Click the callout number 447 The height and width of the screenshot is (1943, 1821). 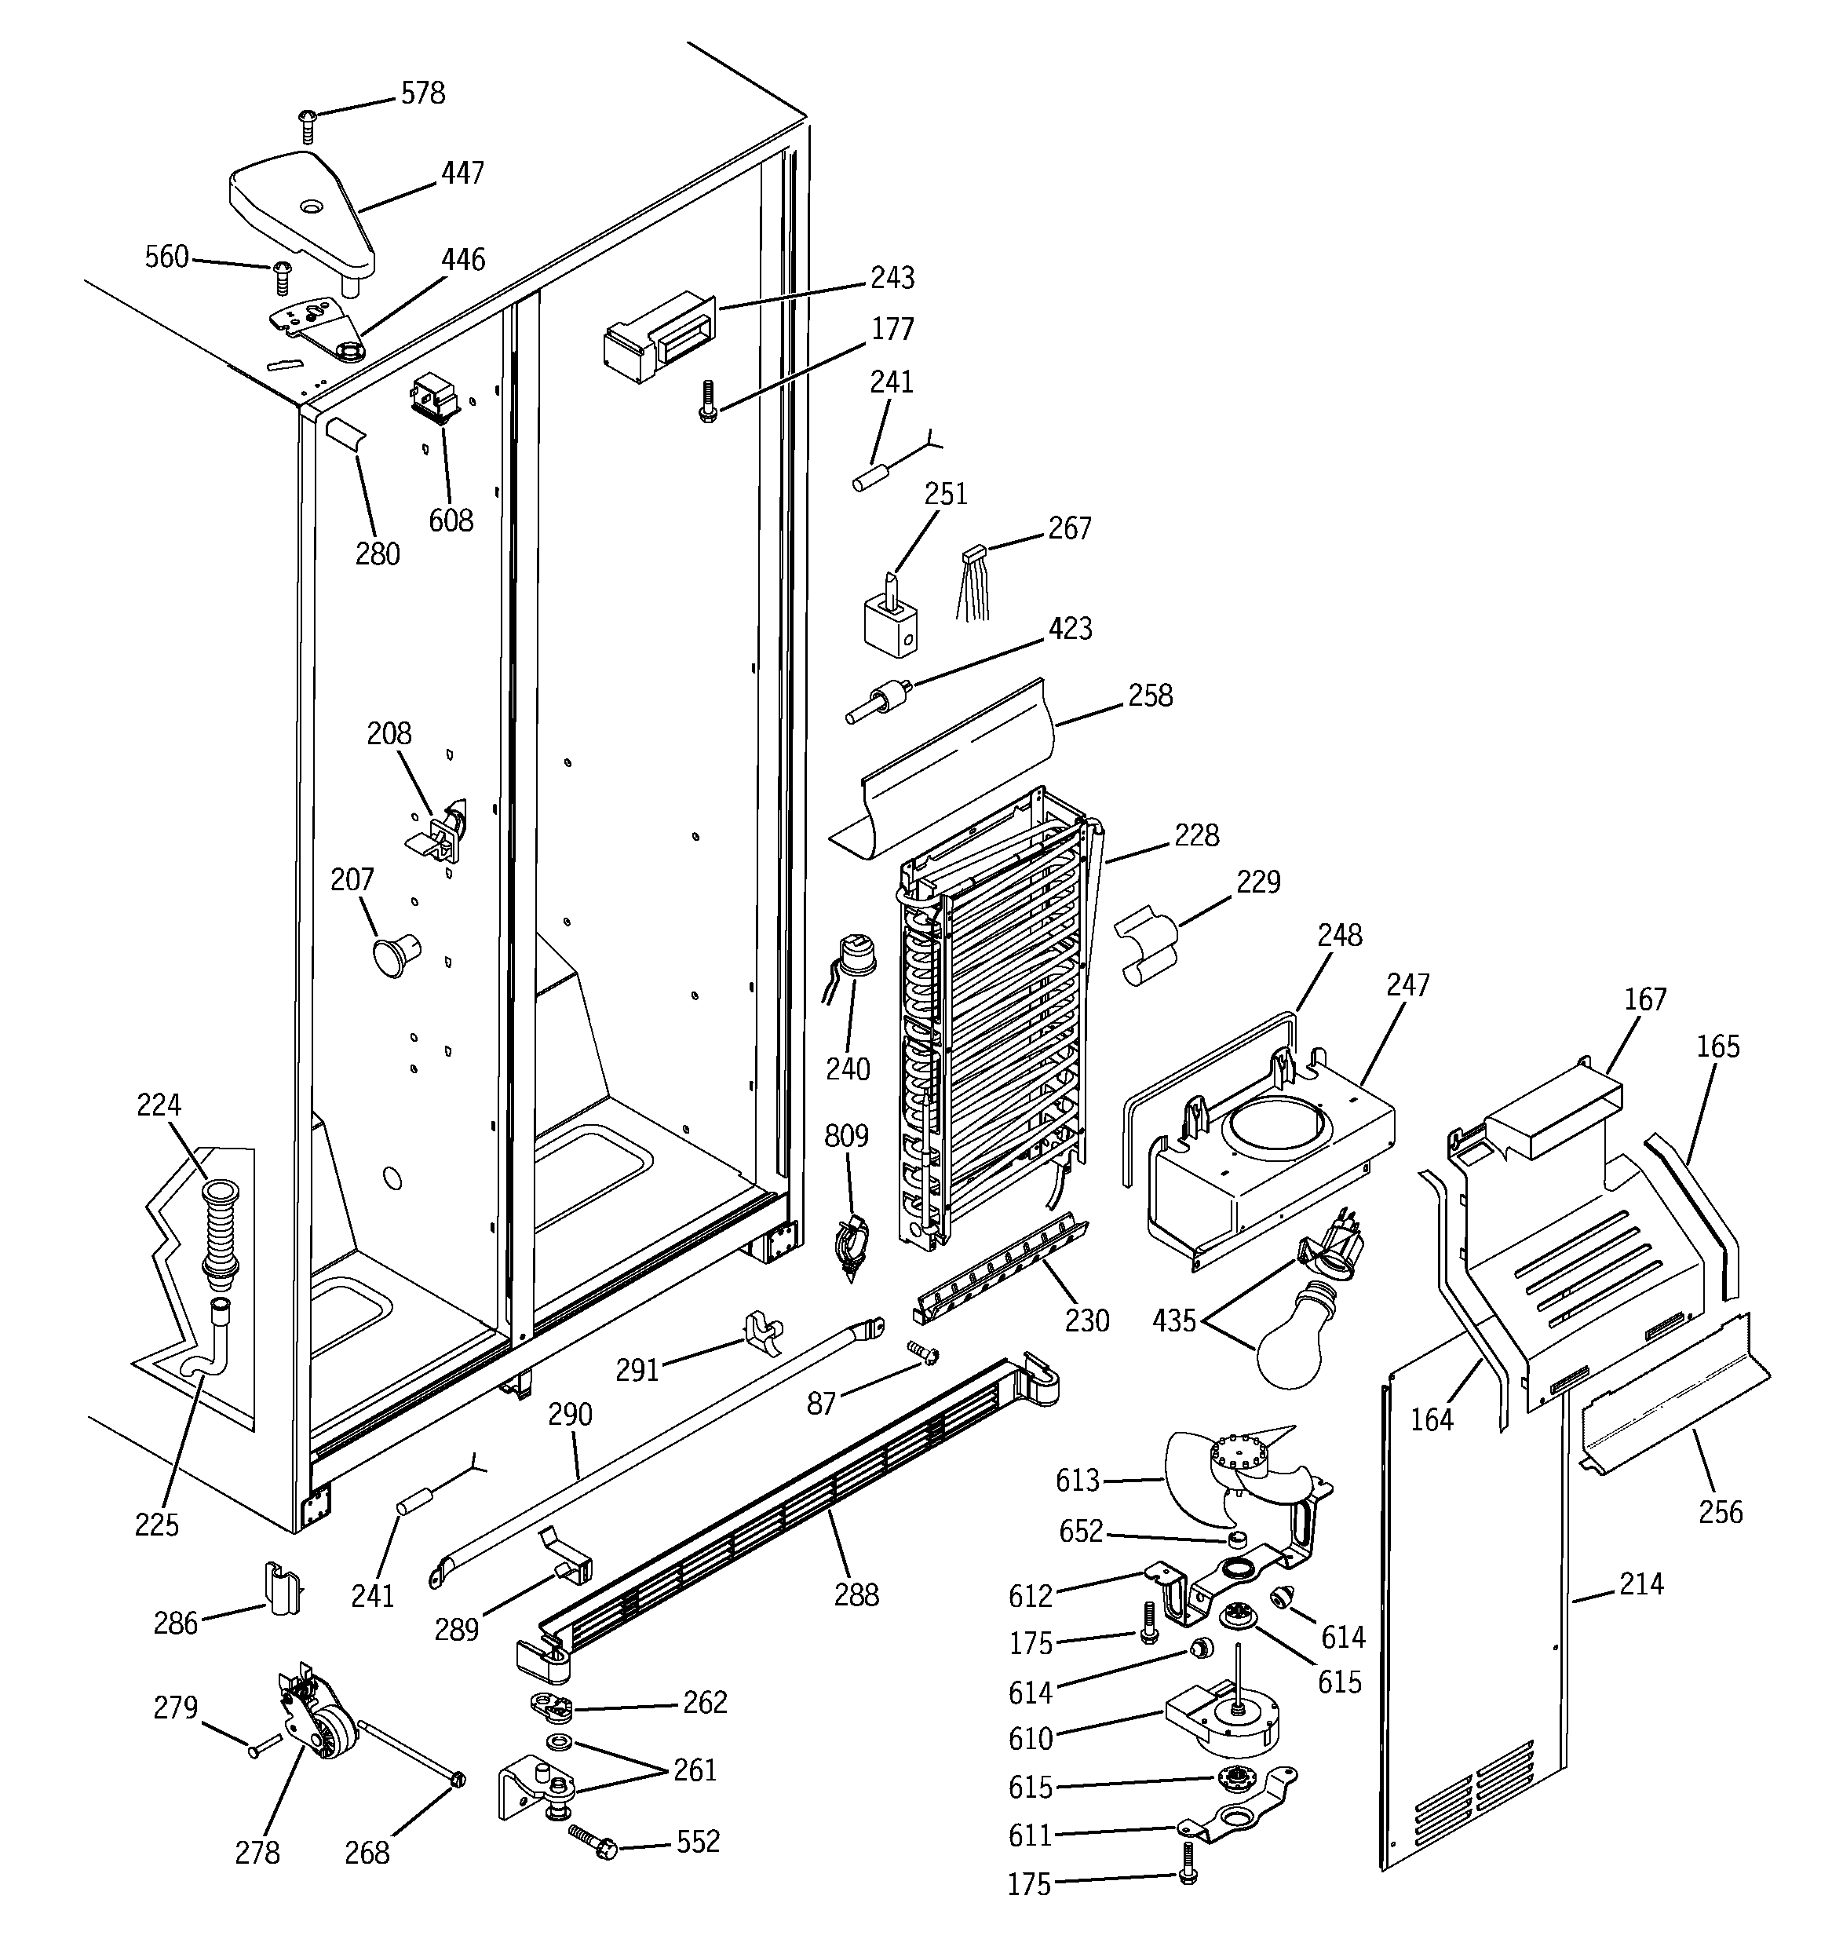pos(462,173)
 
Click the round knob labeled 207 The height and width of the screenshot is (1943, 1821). pos(392,954)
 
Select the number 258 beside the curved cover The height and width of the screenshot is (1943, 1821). pos(1151,695)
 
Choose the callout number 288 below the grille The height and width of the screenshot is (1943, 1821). pos(856,1595)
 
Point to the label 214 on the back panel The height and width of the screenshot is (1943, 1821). pos(1640,1583)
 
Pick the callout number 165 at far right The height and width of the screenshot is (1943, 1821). pos(1717,1046)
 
